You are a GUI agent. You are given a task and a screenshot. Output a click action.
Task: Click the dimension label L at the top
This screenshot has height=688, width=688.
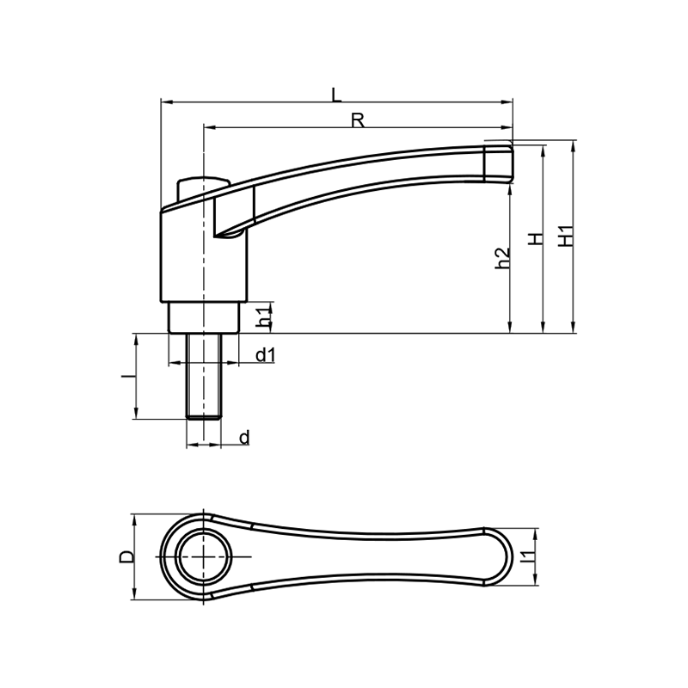coord(336,95)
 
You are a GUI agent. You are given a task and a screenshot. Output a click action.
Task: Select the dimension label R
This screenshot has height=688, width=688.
coord(358,120)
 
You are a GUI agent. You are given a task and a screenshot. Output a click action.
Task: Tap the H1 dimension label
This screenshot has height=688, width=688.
coord(566,236)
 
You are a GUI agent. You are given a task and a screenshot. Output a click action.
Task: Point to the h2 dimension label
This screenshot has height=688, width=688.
coord(502,259)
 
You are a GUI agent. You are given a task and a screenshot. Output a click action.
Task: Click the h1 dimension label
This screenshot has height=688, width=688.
coord(263,317)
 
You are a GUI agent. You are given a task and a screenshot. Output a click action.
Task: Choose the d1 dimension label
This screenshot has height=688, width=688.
coord(266,354)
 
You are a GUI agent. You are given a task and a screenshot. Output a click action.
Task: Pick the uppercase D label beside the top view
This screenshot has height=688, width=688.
coord(126,556)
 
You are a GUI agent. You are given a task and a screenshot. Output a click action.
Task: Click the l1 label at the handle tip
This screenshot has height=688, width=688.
coord(527,556)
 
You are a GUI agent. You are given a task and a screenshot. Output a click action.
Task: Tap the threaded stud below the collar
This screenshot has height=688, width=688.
coord(204,376)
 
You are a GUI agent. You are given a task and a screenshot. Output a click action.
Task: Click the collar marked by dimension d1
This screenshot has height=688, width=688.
coord(204,317)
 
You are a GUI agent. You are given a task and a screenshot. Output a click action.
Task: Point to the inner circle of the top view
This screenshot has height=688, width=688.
coord(205,556)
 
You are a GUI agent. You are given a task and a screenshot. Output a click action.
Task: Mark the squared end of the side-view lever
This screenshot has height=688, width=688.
coord(499,163)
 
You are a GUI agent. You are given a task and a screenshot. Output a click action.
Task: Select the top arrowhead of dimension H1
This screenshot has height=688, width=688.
coord(572,145)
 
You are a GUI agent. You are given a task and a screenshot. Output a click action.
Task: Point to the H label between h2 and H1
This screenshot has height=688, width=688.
coord(536,239)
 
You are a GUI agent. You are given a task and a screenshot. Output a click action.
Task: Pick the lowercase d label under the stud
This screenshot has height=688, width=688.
coord(245,438)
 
